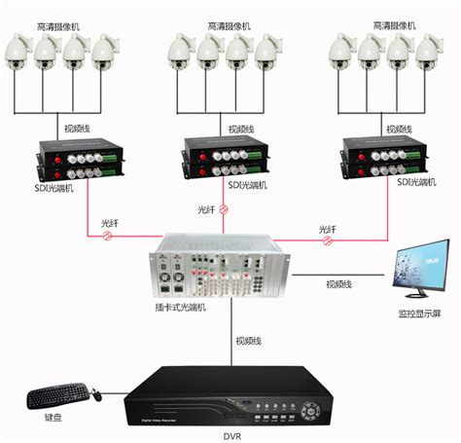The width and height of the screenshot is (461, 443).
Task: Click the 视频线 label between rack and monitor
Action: click(x=338, y=283)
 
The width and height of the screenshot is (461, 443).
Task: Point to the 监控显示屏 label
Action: click(x=418, y=314)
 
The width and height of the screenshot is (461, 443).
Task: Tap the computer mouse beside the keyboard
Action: click(x=97, y=392)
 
